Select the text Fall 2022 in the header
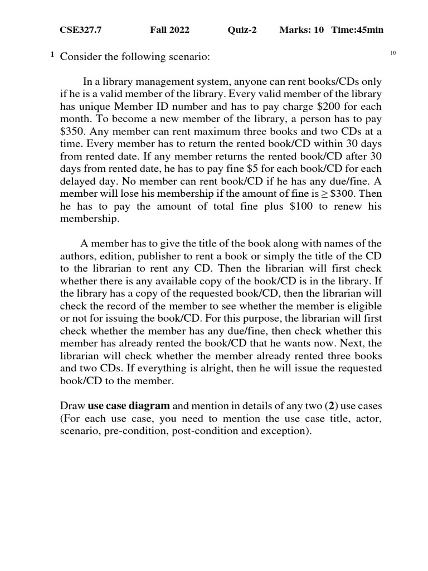coord(169,30)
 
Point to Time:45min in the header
coord(357,30)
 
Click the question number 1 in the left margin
coord(52,55)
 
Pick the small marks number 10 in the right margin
coord(392,53)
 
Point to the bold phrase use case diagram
coord(129,406)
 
